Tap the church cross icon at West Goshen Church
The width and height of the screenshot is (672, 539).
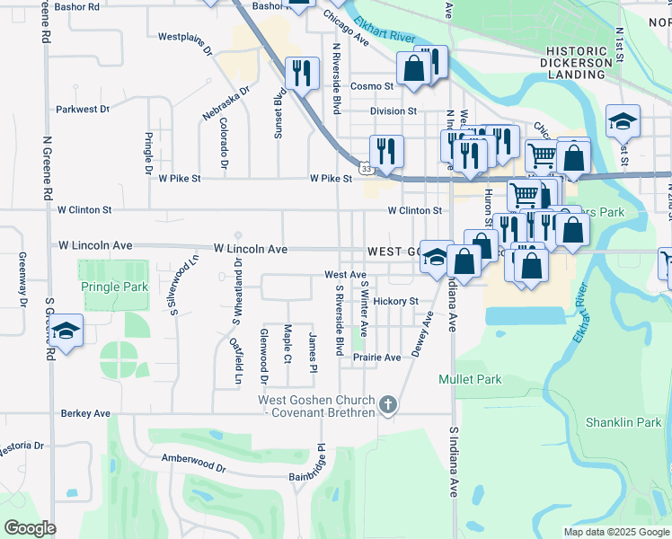[388, 405]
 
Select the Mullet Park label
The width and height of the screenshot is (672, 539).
[470, 379]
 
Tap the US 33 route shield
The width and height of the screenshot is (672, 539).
[366, 167]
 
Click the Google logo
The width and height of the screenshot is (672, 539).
[30, 528]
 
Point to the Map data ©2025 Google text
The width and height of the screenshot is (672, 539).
[615, 532]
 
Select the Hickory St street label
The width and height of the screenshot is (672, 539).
[396, 301]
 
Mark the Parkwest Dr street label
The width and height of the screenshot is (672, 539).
[82, 109]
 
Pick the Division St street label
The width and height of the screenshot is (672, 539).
[393, 111]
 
